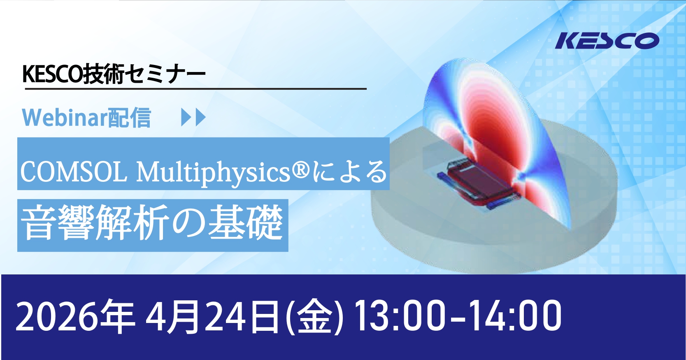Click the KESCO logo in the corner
coord(607,41)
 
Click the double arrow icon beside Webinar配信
coord(193,118)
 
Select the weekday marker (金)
coord(314,317)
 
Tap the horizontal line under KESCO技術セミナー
coord(195,89)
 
